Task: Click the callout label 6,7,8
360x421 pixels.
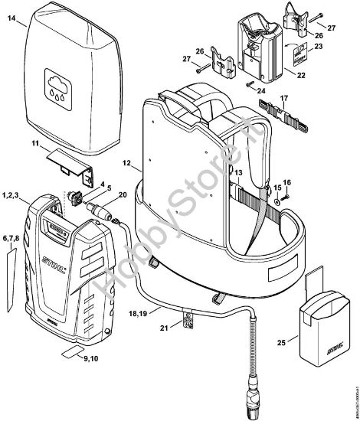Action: click(11, 240)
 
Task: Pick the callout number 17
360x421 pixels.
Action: click(284, 98)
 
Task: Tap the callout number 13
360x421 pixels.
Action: click(238, 174)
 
